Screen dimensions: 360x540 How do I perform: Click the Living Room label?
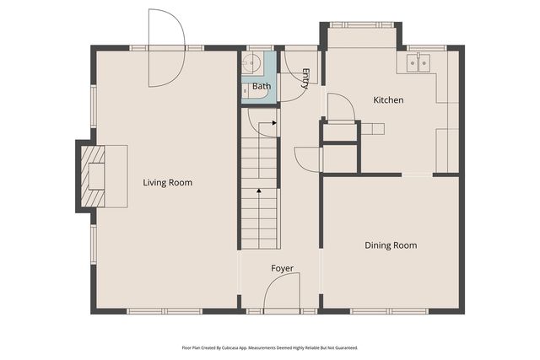pos(167,182)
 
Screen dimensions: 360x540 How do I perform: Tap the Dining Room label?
pos(391,245)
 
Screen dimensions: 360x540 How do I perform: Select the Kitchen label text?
pos(388,100)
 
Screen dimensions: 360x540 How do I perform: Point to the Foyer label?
pos(282,268)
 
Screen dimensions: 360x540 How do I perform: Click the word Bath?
pos(262,87)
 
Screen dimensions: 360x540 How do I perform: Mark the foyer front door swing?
pos(281,294)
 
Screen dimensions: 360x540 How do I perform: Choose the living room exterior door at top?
pos(165,47)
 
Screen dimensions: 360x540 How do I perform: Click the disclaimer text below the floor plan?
pos(269,347)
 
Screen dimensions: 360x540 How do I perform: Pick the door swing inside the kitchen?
pos(339,107)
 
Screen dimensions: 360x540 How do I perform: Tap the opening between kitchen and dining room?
pos(418,175)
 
